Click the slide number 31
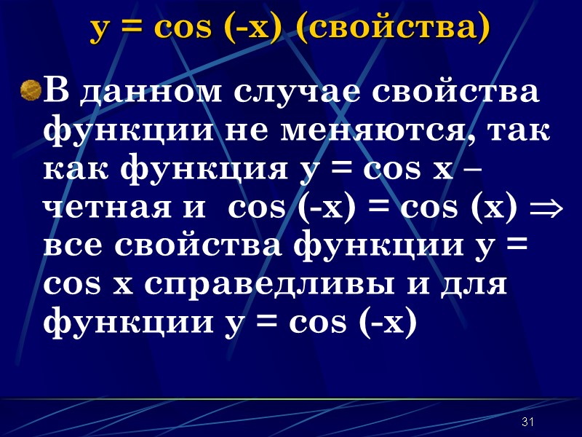point(529,423)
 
